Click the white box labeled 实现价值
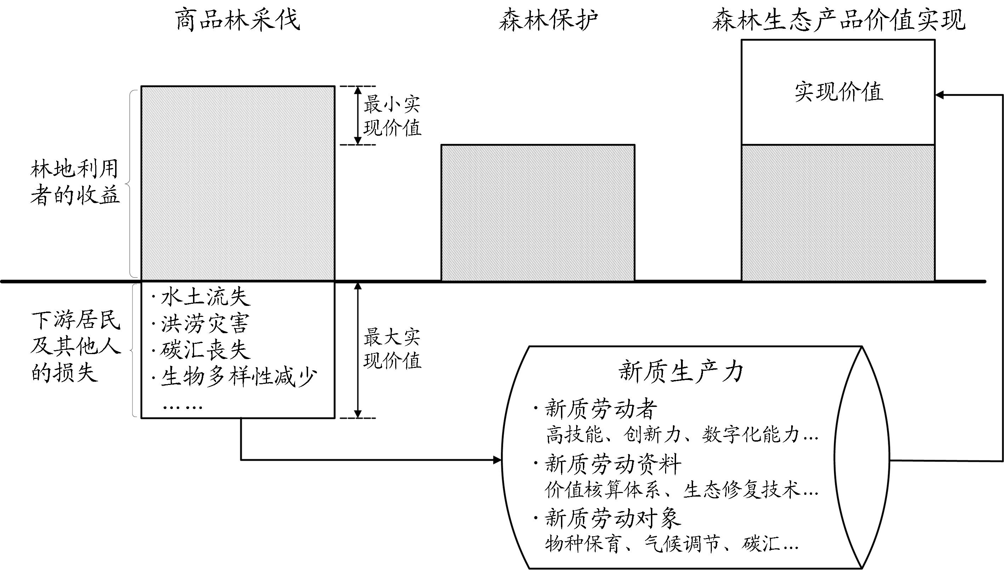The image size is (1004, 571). tap(838, 93)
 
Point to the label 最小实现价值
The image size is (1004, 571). tap(392, 116)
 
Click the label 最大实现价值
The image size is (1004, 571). tap(392, 349)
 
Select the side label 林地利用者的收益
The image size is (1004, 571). tap(74, 183)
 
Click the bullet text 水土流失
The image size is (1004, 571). tap(205, 297)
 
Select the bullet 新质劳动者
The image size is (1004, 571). tap(601, 409)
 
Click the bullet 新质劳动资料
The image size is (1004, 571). tap(613, 464)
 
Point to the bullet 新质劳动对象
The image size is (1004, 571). tap(613, 519)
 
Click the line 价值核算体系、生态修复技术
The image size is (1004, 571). tap(681, 490)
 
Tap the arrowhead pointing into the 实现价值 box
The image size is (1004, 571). tap(939, 95)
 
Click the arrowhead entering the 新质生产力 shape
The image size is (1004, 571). tap(497, 460)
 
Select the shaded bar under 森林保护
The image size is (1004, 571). tap(538, 213)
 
